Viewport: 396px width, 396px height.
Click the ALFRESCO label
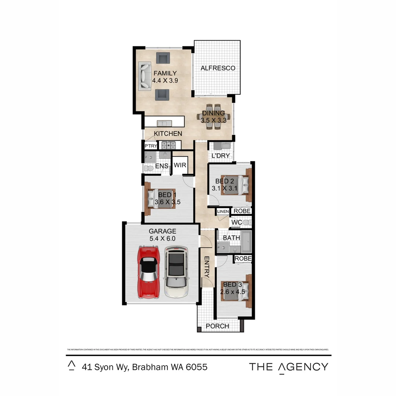(x=217, y=68)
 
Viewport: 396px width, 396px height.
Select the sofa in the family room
(x=145, y=76)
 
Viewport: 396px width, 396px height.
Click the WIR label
(x=180, y=165)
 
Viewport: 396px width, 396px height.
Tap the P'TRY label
(x=150, y=146)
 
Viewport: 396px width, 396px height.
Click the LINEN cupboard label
(x=223, y=212)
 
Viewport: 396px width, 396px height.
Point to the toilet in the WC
(x=246, y=222)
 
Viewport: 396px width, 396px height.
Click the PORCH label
(x=217, y=326)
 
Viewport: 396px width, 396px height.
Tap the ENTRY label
(x=206, y=267)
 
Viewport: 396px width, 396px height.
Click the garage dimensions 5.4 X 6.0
(x=162, y=238)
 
